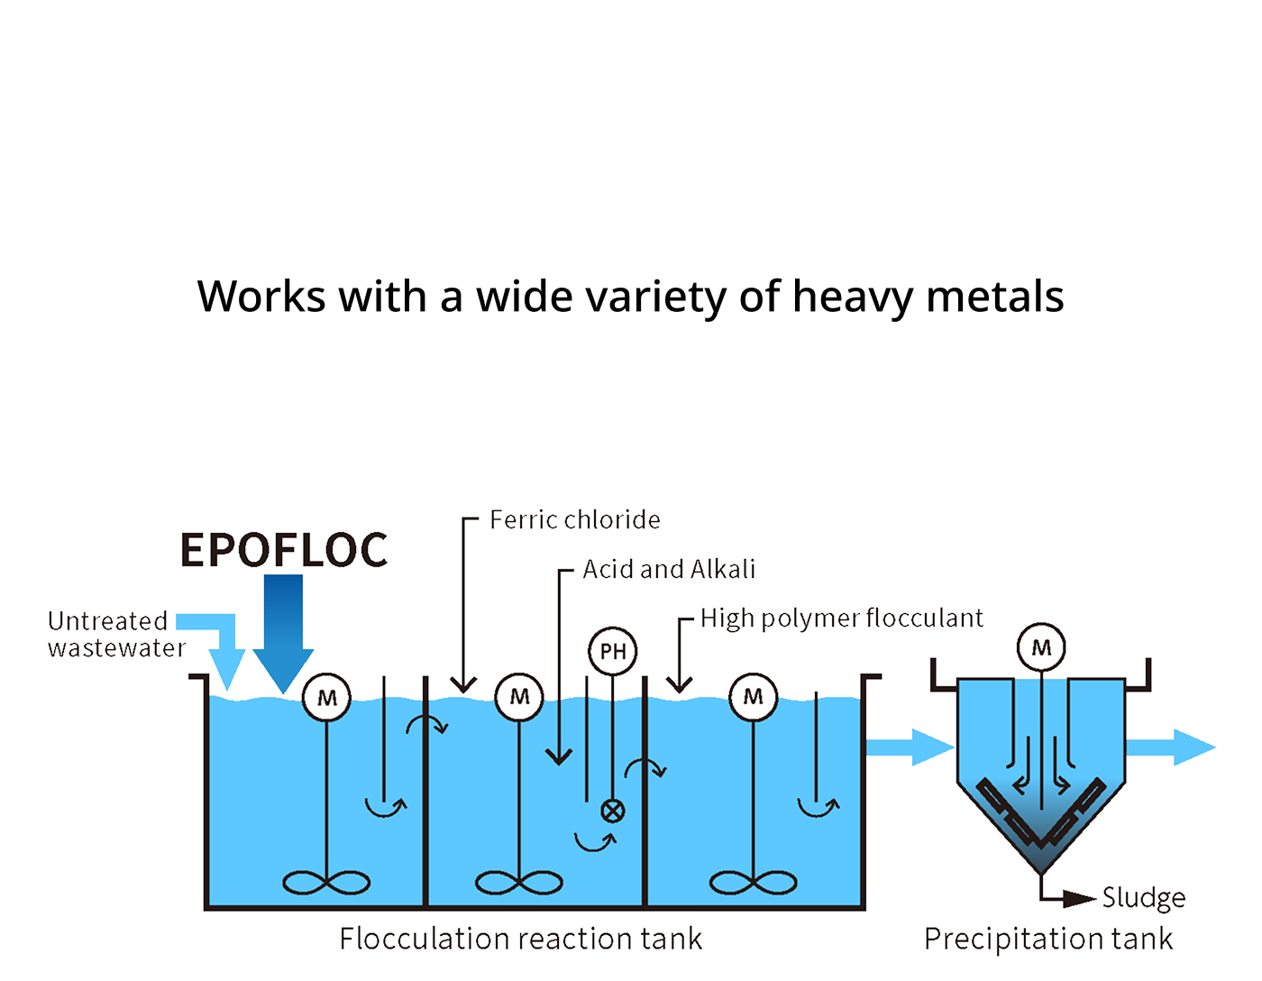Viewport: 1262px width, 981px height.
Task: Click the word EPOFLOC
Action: (x=284, y=551)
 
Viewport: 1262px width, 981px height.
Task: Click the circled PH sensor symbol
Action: (x=613, y=651)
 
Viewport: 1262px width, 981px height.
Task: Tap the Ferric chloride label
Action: (x=574, y=520)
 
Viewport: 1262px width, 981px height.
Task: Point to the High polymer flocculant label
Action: (x=841, y=619)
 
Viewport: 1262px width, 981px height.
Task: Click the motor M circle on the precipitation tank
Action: (x=1041, y=647)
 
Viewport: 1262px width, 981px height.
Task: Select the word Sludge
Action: (x=1143, y=898)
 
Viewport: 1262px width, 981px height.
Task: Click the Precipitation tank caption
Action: (x=1048, y=940)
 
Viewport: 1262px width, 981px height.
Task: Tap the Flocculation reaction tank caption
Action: (x=521, y=940)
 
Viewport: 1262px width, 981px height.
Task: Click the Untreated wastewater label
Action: (x=115, y=634)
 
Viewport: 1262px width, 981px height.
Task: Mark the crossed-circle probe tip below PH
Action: (x=613, y=811)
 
